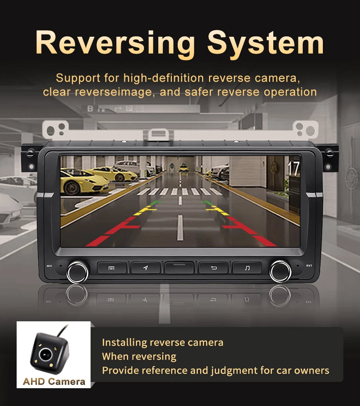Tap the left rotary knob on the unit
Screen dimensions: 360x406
[x=77, y=272]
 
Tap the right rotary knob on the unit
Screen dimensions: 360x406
[x=280, y=271]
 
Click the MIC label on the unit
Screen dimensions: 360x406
[x=49, y=266]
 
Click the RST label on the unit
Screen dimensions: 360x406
[x=309, y=266]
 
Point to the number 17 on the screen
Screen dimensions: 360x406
[x=293, y=169]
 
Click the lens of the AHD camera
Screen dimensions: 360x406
[x=46, y=354]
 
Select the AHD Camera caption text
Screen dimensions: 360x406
[x=54, y=381]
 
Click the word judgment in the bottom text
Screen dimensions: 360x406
[x=234, y=371]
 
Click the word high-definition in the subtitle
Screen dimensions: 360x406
[x=163, y=78]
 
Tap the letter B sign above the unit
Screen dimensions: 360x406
[x=90, y=109]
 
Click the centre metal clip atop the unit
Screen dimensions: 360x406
[x=158, y=135]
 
